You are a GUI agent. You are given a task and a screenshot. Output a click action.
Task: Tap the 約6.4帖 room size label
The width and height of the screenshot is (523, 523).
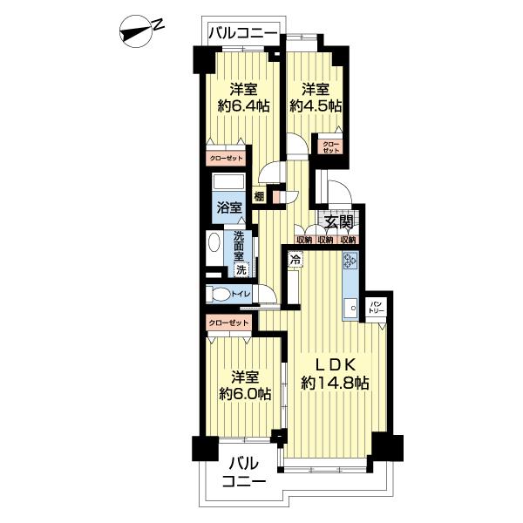(243, 106)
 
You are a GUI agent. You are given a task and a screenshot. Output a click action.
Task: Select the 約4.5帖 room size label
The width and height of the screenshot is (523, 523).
(316, 106)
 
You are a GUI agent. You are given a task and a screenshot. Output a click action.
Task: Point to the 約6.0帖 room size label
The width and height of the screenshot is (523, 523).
(245, 394)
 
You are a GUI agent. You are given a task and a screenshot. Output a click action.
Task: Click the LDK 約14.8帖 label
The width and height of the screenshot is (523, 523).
(335, 374)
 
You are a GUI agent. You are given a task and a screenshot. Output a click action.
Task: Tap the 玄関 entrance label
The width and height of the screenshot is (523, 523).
(338, 222)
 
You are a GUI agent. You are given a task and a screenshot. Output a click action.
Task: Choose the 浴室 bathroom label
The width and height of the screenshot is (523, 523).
(229, 207)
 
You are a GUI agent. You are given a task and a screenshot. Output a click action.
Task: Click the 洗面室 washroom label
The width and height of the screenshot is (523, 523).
(239, 246)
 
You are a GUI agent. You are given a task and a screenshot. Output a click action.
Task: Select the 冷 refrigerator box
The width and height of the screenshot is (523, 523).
(295, 259)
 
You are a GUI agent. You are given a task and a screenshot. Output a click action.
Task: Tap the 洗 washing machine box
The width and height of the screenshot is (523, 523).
(241, 270)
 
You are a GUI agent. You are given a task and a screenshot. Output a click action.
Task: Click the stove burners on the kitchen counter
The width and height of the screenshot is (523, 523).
(350, 260)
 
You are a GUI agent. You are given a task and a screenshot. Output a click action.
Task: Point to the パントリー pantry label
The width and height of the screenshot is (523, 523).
(377, 307)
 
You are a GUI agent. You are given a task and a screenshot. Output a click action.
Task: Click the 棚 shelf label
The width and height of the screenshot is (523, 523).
(259, 196)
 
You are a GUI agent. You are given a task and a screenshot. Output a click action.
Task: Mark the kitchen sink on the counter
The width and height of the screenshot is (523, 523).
(350, 308)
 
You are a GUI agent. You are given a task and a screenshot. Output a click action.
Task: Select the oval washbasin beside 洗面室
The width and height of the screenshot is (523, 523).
(214, 242)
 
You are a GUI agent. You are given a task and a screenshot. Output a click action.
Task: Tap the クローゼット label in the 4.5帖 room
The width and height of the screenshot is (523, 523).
(330, 147)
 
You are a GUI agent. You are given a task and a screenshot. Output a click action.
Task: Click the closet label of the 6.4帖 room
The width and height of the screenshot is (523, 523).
(226, 159)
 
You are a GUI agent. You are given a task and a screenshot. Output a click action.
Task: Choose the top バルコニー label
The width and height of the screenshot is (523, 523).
(243, 33)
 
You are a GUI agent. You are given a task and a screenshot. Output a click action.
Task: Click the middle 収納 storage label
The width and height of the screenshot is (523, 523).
(325, 240)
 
